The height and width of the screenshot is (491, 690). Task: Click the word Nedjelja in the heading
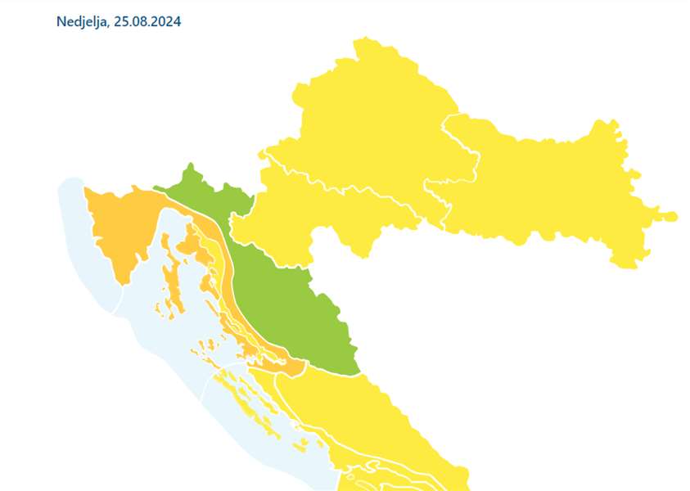coord(82,21)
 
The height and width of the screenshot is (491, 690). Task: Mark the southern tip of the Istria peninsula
coord(124,283)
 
